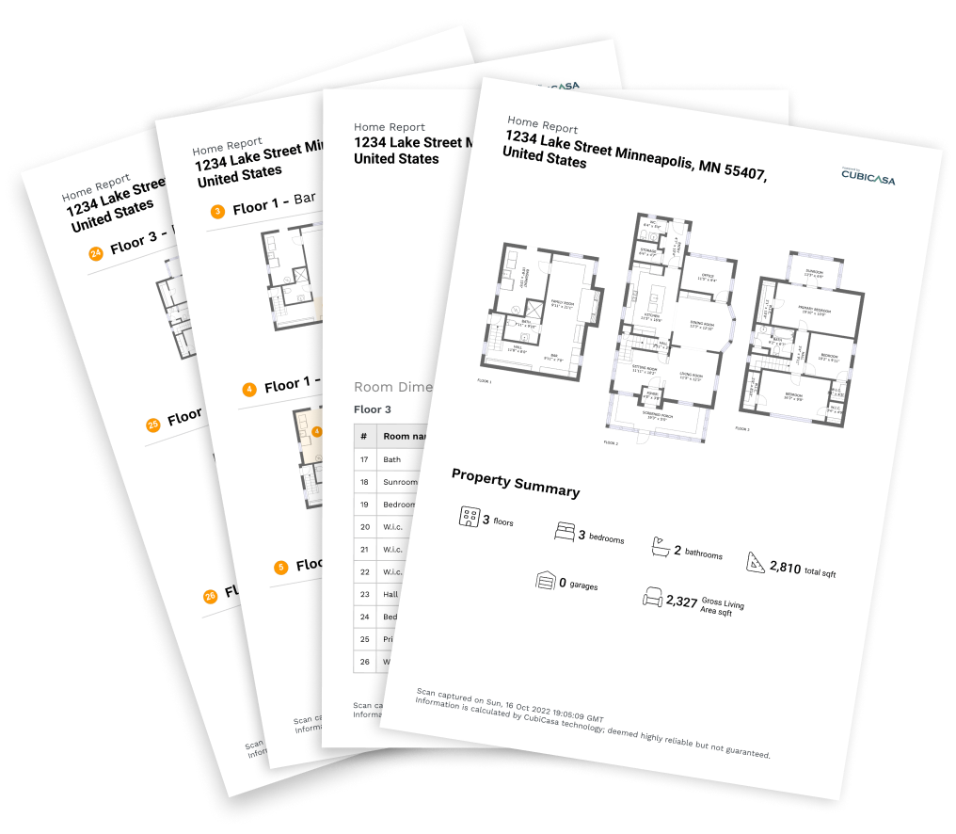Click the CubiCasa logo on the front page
tap(868, 172)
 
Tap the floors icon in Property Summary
tap(470, 517)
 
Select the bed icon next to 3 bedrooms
tap(565, 532)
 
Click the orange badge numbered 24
tap(95, 253)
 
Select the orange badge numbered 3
tap(217, 212)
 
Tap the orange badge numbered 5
tap(281, 568)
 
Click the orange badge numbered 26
tap(209, 596)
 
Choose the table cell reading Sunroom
tap(400, 482)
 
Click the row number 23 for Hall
tap(364, 594)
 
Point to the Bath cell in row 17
tap(392, 459)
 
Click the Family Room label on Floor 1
tap(562, 302)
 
